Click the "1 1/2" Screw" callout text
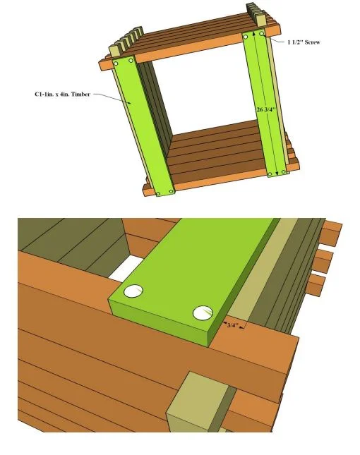(x=304, y=42)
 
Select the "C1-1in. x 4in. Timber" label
(x=62, y=94)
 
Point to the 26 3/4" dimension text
(x=265, y=109)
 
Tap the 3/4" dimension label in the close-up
(x=232, y=325)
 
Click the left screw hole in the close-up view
(x=133, y=291)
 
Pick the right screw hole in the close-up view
(x=203, y=313)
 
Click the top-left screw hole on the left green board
(x=116, y=63)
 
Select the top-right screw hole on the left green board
(x=131, y=61)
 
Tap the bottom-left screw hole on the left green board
(x=158, y=193)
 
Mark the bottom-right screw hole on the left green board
(x=171, y=191)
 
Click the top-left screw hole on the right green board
(x=246, y=37)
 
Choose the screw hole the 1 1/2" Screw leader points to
(x=262, y=34)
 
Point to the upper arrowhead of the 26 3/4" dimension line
(x=254, y=34)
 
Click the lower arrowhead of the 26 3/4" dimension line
(x=276, y=172)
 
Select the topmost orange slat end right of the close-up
(x=331, y=233)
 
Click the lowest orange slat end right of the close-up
(x=316, y=285)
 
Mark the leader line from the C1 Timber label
(x=112, y=98)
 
